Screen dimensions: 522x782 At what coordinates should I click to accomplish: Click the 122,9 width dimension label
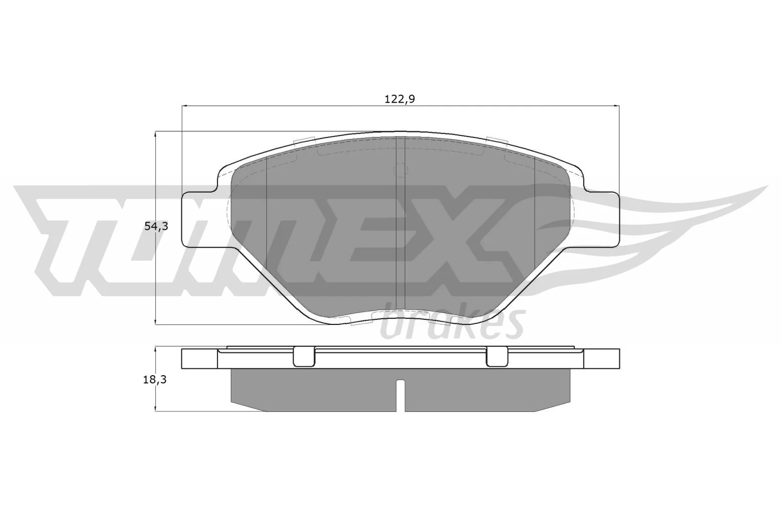(x=400, y=99)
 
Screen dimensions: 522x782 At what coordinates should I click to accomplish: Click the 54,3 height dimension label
(x=156, y=227)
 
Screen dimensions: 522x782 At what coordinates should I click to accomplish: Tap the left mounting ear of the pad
(x=198, y=219)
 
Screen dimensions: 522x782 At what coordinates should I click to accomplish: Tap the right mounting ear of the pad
(x=602, y=219)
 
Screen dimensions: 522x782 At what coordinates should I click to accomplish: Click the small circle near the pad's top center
(x=400, y=170)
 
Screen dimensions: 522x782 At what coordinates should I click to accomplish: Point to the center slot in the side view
(x=400, y=394)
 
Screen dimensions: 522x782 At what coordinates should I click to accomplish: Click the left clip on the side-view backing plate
(x=304, y=357)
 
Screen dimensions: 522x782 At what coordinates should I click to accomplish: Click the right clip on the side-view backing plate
(x=498, y=357)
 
